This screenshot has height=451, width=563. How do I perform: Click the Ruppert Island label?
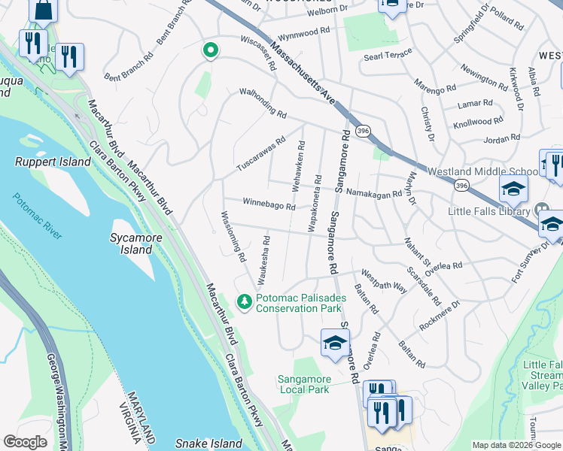pos(47,161)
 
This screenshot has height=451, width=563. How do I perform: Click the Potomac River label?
pos(38,216)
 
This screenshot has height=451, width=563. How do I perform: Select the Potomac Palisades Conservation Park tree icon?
pos(244,302)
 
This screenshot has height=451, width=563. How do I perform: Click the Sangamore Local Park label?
pos(303,384)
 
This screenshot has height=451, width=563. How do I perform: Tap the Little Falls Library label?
pos(489,212)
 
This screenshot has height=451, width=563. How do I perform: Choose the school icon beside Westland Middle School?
pos(513,188)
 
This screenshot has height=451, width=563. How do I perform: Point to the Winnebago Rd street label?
pos(269,204)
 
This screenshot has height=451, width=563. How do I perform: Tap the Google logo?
pos(26,442)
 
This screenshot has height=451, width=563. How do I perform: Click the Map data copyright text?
pos(517,444)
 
